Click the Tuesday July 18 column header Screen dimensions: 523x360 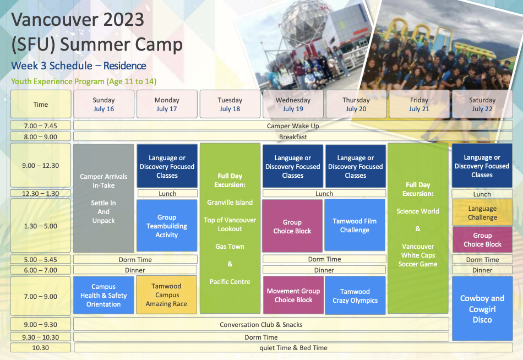pos(230,104)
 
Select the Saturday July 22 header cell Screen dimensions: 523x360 pos(482,104)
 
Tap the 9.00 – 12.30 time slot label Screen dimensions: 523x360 pos(41,166)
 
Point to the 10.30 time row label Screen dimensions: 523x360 pos(41,348)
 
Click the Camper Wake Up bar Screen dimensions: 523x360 pos(293,126)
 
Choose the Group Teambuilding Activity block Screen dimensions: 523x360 pos(167,226)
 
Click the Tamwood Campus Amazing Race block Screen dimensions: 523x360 pos(166,295)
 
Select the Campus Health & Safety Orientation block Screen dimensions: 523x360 pos(103,295)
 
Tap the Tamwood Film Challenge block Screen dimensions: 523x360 pos(355,225)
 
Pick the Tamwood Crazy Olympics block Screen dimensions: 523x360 pos(355,296)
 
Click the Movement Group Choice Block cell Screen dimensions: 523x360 pos(293,295)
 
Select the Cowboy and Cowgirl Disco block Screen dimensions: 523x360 pos(482,309)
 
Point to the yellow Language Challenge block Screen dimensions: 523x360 pos(482,212)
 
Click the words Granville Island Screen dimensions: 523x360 pos(230,202)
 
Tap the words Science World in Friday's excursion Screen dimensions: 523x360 pos(418,211)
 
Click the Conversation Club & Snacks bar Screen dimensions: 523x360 pos(261,324)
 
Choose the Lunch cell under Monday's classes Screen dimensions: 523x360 pos(167,194)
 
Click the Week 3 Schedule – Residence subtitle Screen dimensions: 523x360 pos(79,66)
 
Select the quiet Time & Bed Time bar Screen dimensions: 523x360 pos(293,348)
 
